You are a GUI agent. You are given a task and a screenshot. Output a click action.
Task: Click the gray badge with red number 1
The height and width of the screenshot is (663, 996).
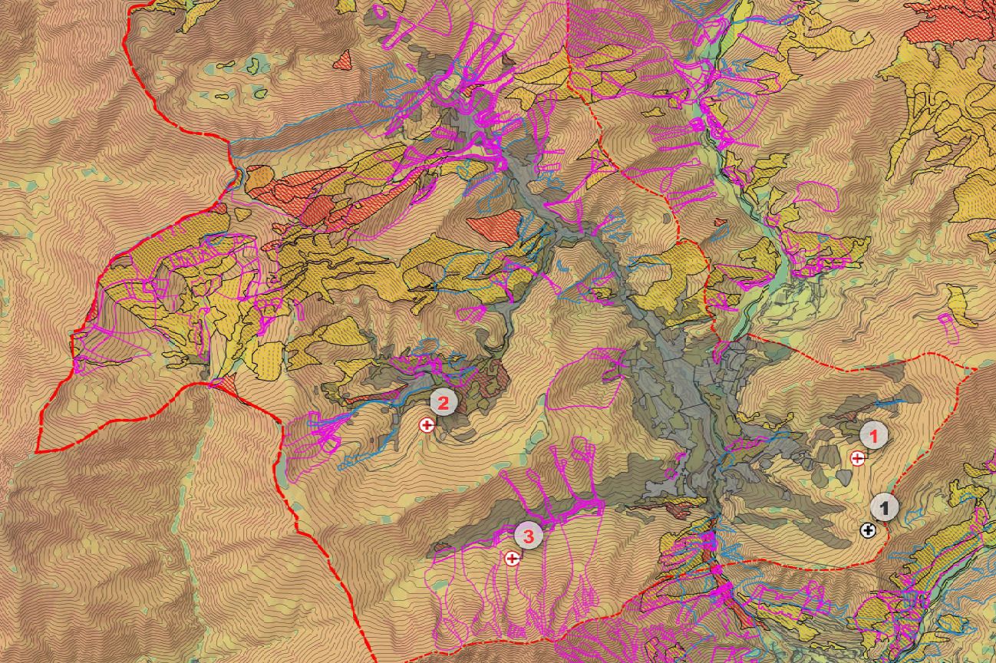point(873,435)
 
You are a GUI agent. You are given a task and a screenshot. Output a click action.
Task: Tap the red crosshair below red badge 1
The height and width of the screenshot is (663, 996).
point(858,458)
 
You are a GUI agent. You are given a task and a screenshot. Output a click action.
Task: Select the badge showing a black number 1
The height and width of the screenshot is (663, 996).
point(885,507)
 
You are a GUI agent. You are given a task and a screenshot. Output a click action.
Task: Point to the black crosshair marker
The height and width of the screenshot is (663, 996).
point(868,529)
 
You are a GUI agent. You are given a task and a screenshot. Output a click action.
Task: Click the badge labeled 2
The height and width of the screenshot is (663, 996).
point(444,401)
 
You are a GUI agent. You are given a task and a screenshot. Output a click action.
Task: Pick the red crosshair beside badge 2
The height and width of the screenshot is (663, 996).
point(427,424)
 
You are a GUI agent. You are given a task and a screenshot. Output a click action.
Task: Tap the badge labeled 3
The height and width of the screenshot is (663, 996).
point(528,535)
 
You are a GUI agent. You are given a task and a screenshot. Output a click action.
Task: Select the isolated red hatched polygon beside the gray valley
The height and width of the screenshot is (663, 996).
point(493,228)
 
